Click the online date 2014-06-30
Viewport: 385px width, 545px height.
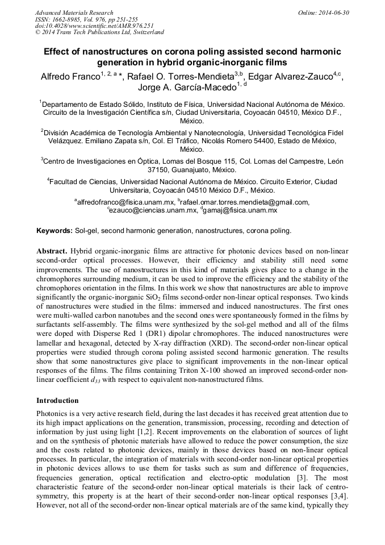coord(334,13)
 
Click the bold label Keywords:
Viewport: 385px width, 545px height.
coord(55,231)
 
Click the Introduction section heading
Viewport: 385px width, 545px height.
coord(57,400)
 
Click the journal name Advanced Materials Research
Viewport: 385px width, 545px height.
coord(74,13)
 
